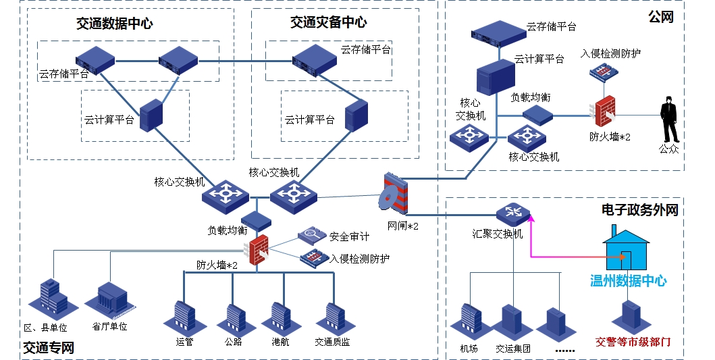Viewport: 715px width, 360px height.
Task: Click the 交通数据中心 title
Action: point(114,24)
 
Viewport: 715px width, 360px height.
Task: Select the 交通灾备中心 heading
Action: point(328,22)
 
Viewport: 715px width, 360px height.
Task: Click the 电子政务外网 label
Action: point(639,210)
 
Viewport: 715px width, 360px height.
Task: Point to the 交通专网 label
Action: point(48,349)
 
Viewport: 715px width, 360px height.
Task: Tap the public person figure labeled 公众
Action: point(668,119)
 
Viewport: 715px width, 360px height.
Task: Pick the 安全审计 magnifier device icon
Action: point(312,235)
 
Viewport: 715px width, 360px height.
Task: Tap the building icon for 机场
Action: point(469,322)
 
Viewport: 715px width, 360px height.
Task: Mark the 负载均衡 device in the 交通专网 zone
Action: point(256,220)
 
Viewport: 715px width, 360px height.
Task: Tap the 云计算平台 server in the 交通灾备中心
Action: point(355,115)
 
